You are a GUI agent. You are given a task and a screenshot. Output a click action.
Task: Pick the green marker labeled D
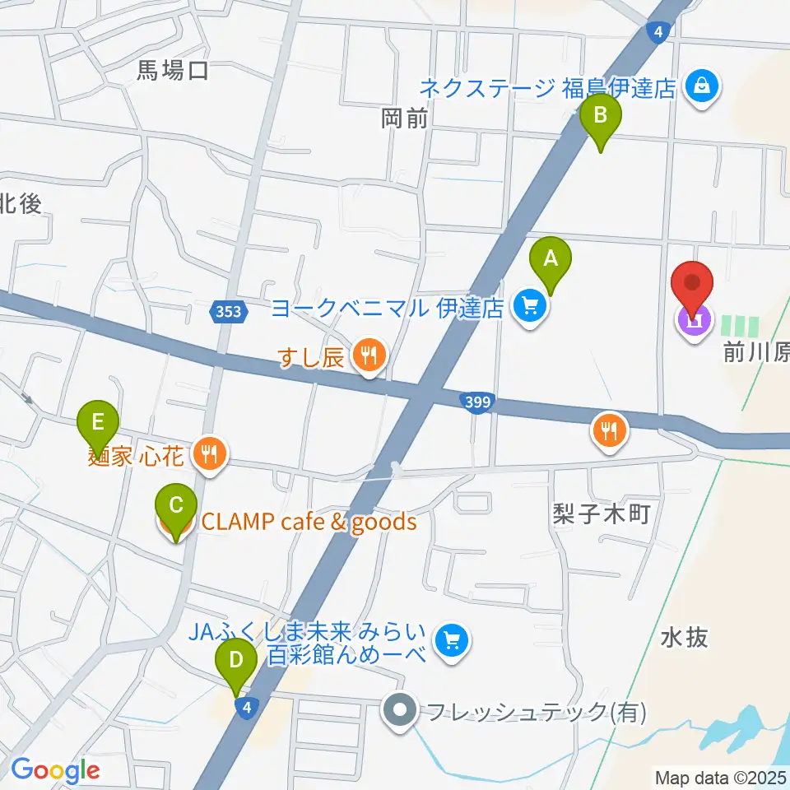[235, 660]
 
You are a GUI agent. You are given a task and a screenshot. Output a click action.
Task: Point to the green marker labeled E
[98, 423]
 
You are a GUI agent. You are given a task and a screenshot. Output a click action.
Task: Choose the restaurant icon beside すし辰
[369, 356]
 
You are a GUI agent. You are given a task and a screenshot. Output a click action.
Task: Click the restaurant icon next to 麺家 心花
[210, 453]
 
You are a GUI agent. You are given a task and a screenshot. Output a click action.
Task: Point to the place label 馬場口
[174, 72]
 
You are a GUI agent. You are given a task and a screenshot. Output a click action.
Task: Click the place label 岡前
[405, 118]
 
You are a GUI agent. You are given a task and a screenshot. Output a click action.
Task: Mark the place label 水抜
[683, 637]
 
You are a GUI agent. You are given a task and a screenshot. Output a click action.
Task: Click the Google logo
[55, 770]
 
